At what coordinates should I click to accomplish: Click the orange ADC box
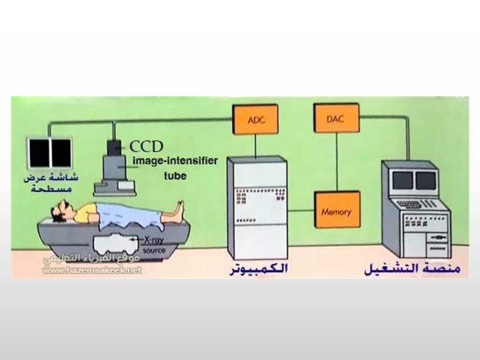(255, 120)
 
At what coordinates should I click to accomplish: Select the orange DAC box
(335, 120)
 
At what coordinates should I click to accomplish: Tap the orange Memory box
(336, 211)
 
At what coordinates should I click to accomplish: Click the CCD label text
(146, 146)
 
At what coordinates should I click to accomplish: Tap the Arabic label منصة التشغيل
(413, 270)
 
